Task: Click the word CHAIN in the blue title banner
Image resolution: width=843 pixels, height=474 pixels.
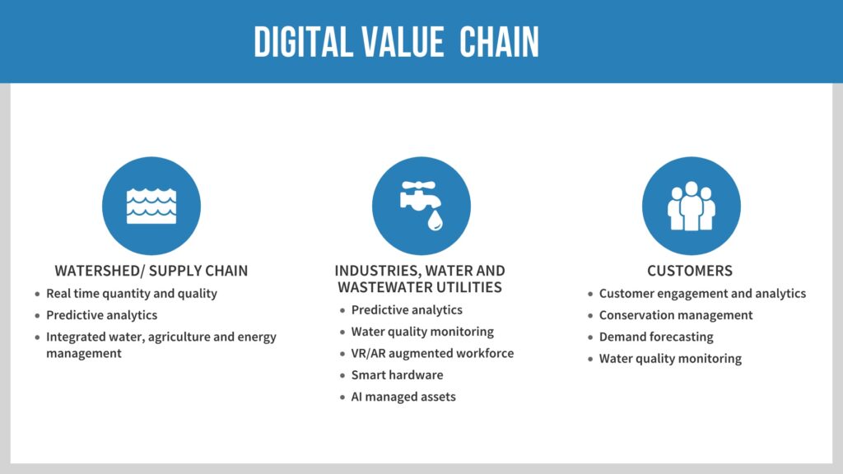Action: tap(499, 42)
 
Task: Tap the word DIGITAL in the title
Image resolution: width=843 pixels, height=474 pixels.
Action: tap(303, 42)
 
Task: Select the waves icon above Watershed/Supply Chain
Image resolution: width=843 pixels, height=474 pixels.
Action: tap(151, 206)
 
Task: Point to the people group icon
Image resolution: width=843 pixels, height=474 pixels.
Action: tap(692, 206)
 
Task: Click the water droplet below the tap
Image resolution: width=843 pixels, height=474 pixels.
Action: tap(435, 220)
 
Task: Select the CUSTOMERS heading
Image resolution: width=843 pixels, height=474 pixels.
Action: tap(690, 270)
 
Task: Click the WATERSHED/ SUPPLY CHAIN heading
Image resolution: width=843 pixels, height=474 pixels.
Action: tap(151, 270)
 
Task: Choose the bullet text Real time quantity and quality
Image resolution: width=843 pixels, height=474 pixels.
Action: tap(132, 294)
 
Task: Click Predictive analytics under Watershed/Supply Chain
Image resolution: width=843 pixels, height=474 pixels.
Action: tap(101, 315)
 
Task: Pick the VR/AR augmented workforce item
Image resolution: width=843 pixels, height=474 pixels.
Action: tap(432, 353)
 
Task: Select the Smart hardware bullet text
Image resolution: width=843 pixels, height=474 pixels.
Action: tap(398, 374)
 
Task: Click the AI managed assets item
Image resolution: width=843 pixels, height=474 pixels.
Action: tap(403, 397)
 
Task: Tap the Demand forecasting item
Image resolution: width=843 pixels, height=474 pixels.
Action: tap(656, 337)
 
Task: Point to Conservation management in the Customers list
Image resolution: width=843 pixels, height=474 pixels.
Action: tap(676, 315)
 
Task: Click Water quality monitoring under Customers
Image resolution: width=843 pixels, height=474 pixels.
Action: tap(670, 359)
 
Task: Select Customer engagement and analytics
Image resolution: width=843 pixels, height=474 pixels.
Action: tap(703, 294)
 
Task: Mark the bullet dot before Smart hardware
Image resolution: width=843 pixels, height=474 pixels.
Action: tap(342, 375)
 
